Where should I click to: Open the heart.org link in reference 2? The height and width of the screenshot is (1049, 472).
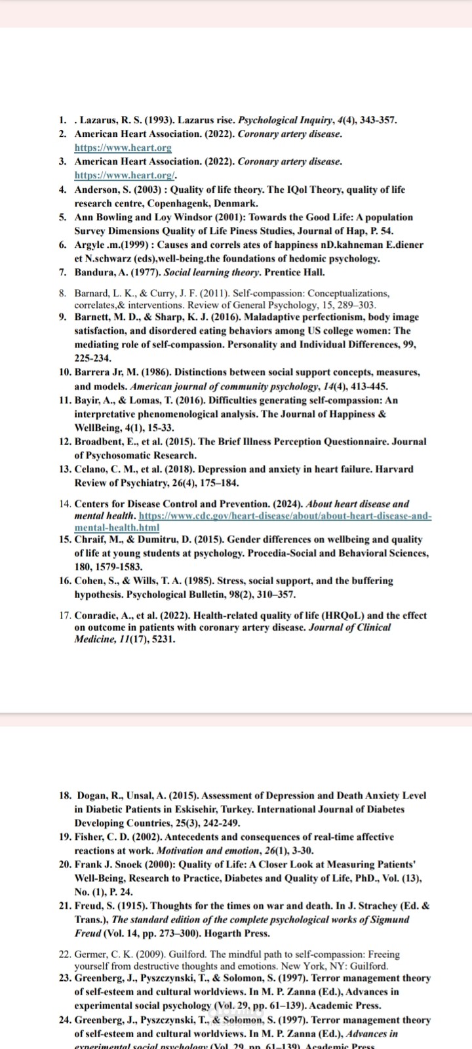[123, 148]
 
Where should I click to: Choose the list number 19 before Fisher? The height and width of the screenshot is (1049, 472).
[65, 837]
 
